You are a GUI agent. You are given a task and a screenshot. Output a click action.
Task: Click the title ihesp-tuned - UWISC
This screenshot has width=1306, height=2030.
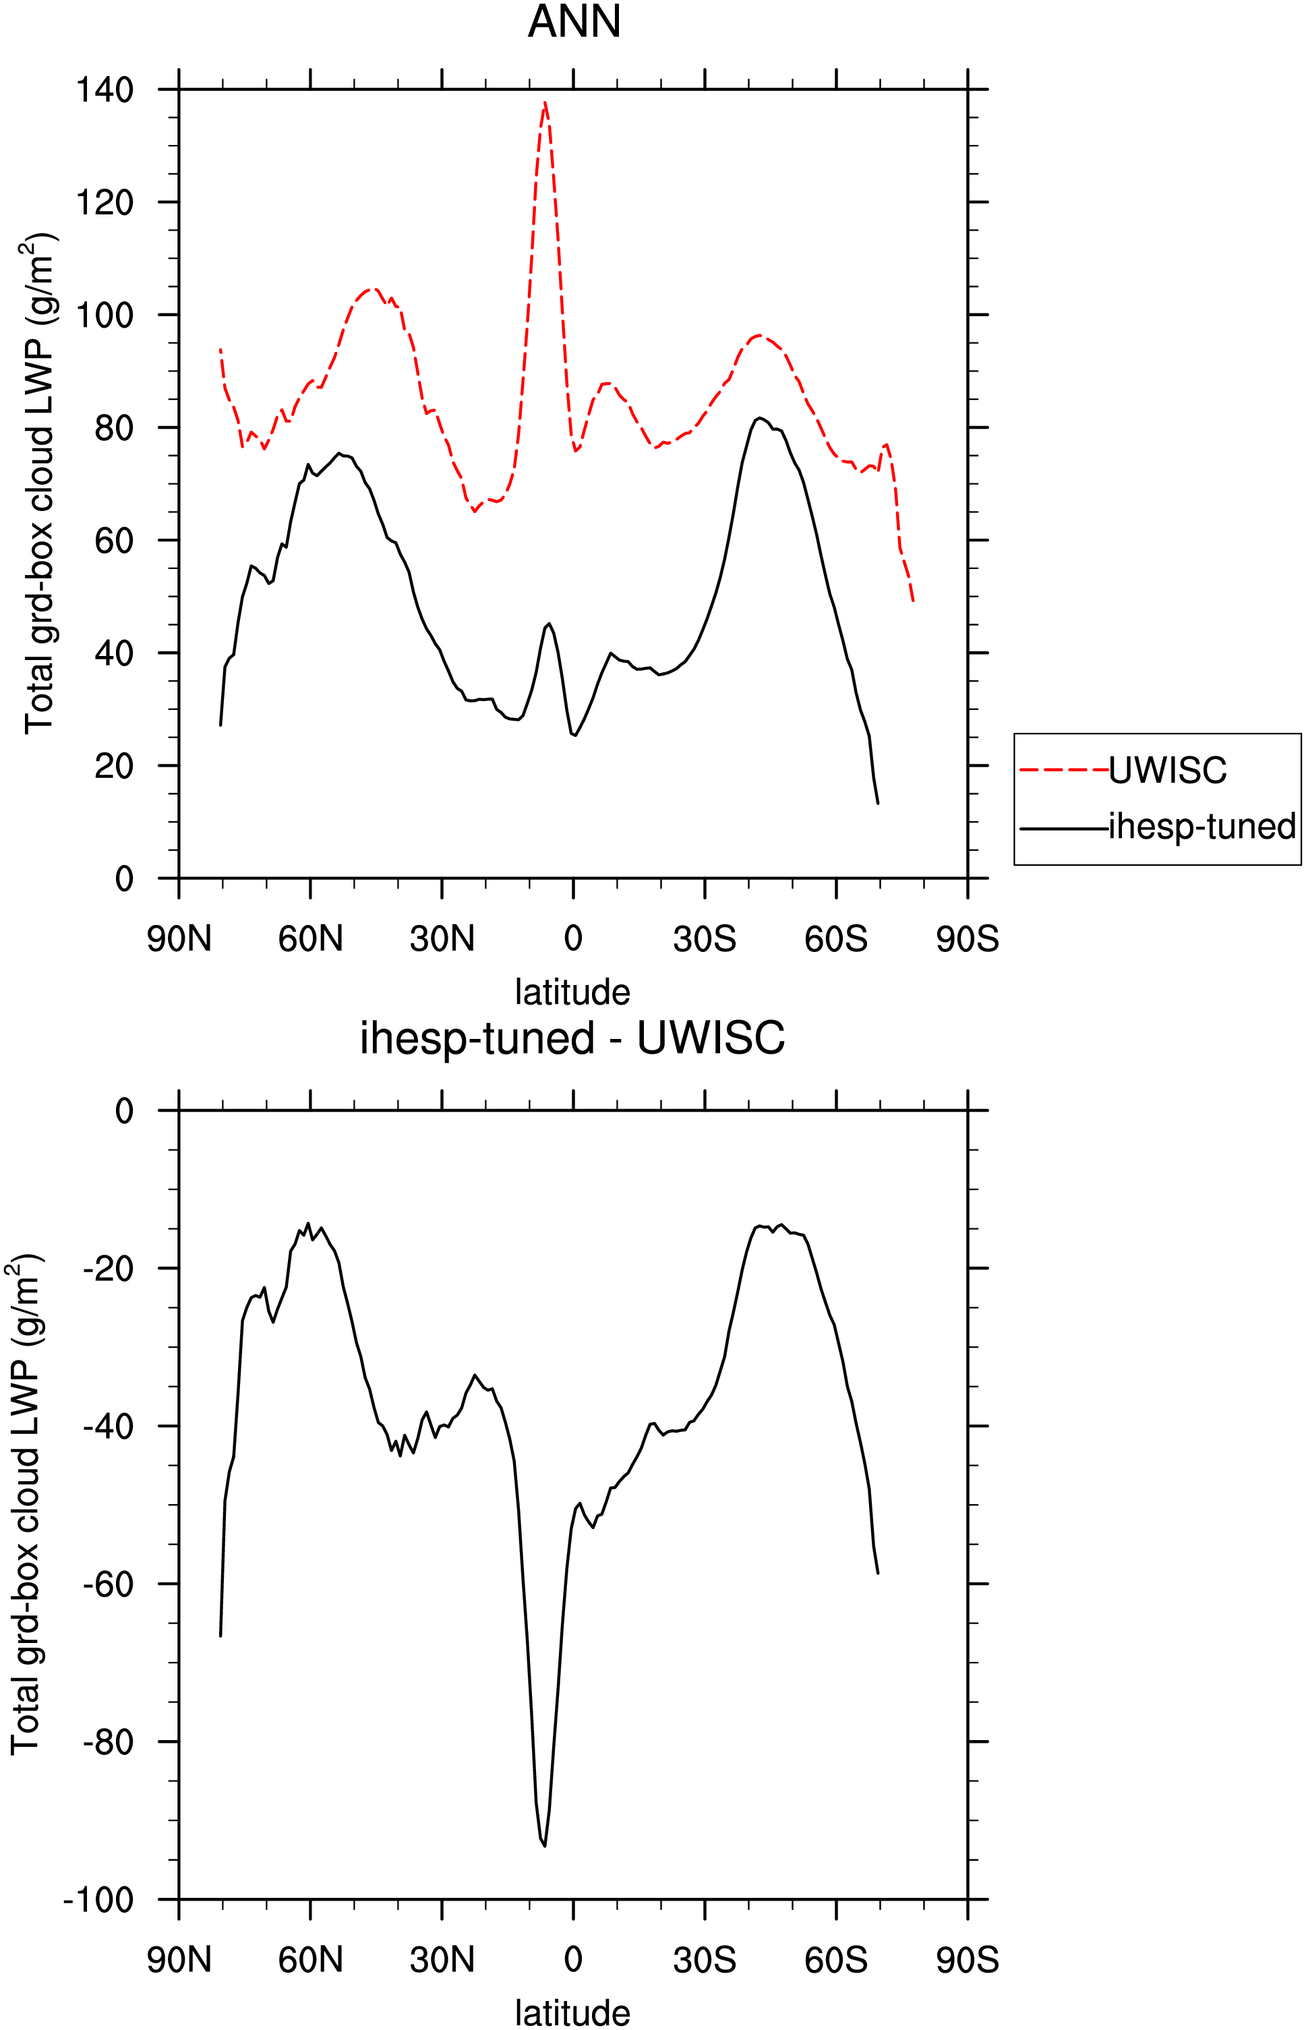(572, 1037)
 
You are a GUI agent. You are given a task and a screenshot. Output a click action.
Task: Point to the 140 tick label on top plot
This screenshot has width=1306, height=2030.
(105, 89)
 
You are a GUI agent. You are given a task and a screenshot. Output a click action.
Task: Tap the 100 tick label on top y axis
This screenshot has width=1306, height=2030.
(105, 315)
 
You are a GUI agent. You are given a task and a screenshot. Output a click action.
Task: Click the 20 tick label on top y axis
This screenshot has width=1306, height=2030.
(115, 766)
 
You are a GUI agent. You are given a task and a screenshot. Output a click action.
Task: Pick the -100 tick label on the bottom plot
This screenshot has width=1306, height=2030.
(99, 1899)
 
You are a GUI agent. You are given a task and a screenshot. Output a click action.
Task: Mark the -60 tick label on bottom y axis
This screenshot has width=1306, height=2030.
(109, 1584)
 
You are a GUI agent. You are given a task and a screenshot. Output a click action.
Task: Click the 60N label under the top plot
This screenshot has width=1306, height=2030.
(310, 938)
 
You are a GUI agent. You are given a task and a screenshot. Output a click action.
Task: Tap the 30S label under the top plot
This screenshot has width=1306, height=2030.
(705, 938)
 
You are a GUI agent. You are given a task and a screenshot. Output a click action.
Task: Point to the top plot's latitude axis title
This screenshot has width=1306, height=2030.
(572, 992)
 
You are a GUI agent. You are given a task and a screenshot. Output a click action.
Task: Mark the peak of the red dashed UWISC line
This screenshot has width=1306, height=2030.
(545, 102)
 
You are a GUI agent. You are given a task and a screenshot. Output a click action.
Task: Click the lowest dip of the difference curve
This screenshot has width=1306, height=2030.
(545, 1846)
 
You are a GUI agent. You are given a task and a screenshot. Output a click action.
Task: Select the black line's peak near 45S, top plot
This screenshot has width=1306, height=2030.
(760, 418)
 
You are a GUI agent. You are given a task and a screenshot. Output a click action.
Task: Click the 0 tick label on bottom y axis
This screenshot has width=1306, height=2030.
(125, 1111)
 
